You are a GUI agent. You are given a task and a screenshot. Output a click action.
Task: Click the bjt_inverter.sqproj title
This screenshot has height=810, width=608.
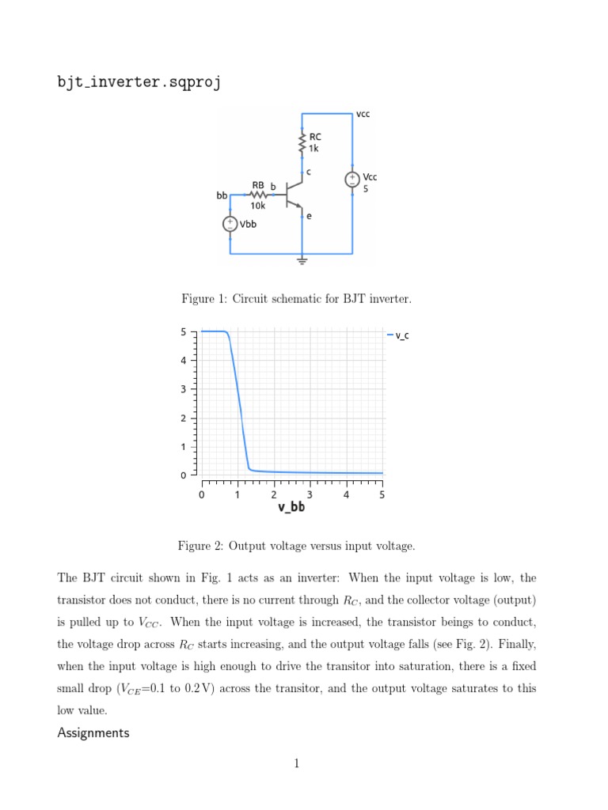(x=139, y=82)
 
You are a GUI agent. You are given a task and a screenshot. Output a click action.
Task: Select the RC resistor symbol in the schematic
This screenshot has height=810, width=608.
(x=302, y=143)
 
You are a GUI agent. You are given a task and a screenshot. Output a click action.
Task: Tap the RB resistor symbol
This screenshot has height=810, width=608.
(x=257, y=194)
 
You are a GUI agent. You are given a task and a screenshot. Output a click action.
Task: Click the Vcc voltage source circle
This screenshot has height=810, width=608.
(x=352, y=180)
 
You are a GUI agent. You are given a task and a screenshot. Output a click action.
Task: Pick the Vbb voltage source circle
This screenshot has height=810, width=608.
(x=230, y=224)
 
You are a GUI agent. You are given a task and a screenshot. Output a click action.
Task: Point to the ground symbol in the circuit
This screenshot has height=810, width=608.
(x=302, y=259)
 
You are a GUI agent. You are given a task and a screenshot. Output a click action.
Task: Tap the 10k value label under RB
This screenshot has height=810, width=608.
(x=258, y=206)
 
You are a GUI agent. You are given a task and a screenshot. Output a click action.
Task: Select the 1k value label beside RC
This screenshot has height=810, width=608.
(x=314, y=149)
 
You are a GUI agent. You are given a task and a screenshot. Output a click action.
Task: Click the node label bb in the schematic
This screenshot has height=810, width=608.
(x=221, y=195)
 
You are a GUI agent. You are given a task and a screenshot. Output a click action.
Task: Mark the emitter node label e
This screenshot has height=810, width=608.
(x=309, y=215)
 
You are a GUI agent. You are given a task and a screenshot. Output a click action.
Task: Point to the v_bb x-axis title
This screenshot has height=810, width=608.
(x=291, y=508)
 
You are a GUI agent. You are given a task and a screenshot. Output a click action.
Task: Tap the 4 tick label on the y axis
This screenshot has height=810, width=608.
(x=184, y=361)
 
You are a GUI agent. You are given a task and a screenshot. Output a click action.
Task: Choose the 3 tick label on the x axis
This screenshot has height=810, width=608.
(x=310, y=495)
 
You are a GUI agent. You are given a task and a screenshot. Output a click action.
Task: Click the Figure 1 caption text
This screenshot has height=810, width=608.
(x=296, y=299)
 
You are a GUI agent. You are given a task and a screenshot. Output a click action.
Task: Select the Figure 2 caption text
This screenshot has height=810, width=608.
(x=296, y=546)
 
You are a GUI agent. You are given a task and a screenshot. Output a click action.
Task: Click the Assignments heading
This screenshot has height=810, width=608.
(x=93, y=733)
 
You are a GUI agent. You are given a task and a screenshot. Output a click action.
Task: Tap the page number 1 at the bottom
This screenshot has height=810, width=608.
(x=297, y=763)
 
